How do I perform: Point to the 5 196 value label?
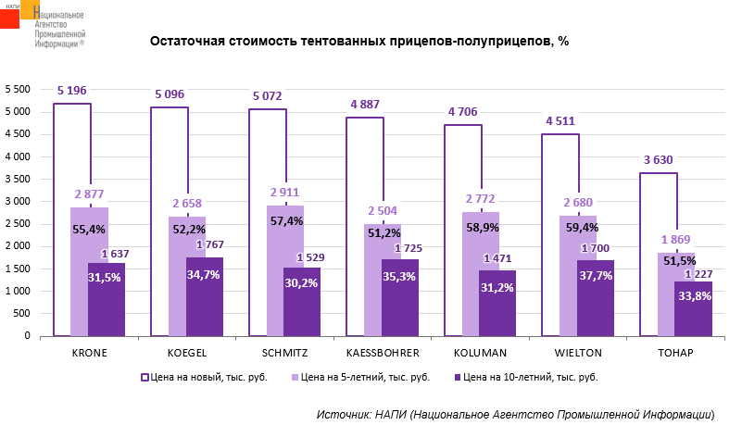pyautogui.click(x=71, y=91)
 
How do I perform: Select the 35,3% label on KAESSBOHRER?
pyautogui.click(x=399, y=275)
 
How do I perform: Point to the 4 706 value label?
pyautogui.click(x=462, y=112)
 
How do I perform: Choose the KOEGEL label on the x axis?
pyautogui.click(x=186, y=354)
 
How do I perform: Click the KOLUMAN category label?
pyautogui.click(x=479, y=354)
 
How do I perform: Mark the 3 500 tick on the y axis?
pyautogui.click(x=18, y=179)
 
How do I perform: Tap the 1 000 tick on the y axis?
pyautogui.click(x=18, y=291)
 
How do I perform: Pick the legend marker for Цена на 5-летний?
pyautogui.click(x=296, y=378)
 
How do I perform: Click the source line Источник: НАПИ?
pyautogui.click(x=515, y=413)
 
